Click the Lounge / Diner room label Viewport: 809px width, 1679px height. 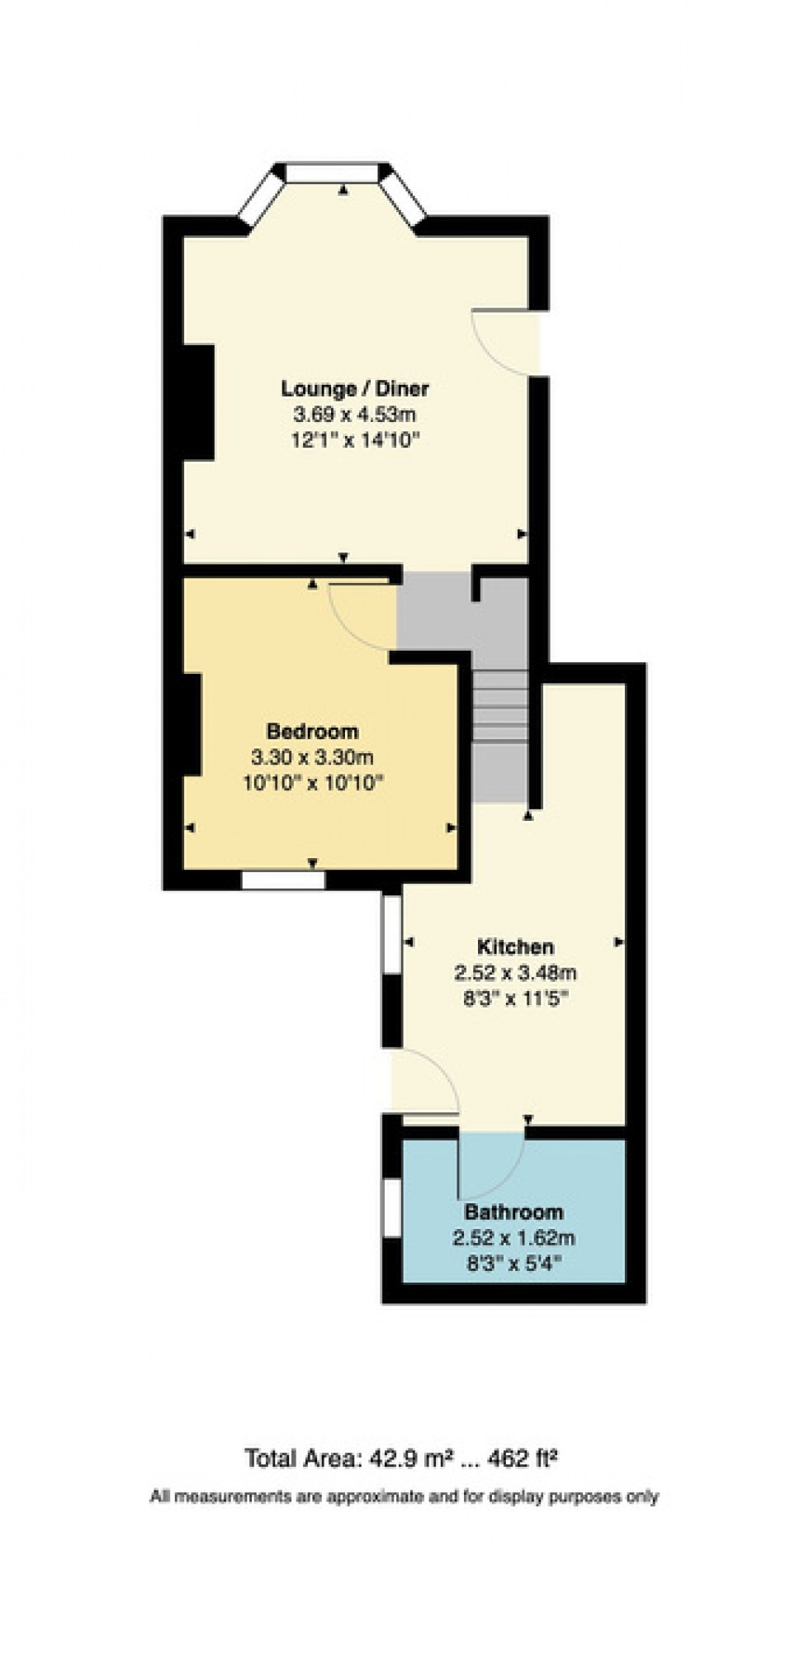click(355, 388)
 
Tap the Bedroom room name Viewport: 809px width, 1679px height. click(312, 732)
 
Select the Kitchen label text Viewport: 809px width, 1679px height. click(515, 947)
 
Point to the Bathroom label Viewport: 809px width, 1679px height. click(513, 1212)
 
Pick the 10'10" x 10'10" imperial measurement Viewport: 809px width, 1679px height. click(313, 783)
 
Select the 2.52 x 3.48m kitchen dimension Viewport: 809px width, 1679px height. click(515, 972)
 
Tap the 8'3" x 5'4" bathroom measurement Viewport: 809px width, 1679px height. click(513, 1264)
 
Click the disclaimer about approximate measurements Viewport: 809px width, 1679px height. click(404, 1496)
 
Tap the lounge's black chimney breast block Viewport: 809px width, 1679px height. click(198, 402)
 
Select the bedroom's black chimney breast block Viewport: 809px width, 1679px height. click(192, 724)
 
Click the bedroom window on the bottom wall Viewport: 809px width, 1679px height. click(283, 880)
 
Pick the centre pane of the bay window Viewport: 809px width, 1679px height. click(332, 172)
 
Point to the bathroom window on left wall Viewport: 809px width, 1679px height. click(393, 1207)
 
